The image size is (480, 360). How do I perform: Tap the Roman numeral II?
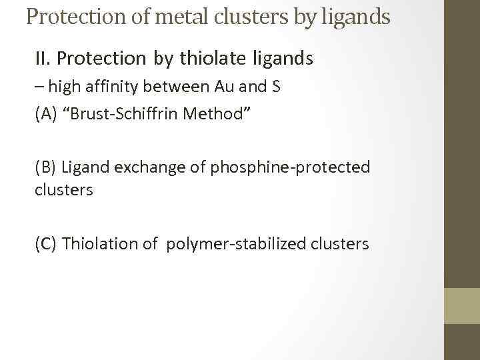(x=43, y=59)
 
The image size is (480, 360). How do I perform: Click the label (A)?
(x=45, y=113)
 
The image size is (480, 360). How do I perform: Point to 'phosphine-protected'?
(x=290, y=167)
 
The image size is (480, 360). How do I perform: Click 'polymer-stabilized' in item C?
(x=236, y=244)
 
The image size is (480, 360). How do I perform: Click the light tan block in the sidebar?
(x=461, y=305)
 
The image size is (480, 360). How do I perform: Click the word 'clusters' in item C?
(x=339, y=244)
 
